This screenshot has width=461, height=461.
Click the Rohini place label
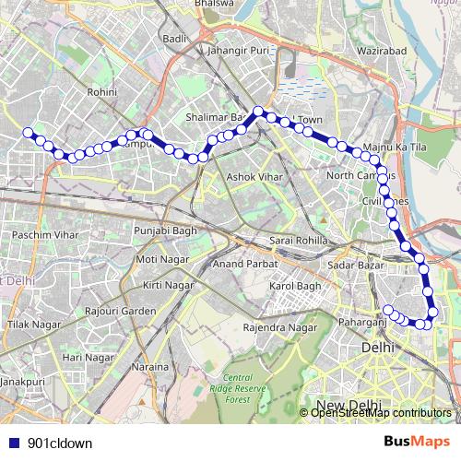102,92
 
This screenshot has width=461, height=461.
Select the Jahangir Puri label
238,50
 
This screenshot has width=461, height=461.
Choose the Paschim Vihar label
41,235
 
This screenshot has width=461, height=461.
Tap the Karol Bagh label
292,288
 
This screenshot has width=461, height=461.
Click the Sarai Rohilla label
292,241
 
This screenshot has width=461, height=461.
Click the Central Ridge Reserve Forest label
238,388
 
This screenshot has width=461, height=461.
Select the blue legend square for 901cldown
11,443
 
